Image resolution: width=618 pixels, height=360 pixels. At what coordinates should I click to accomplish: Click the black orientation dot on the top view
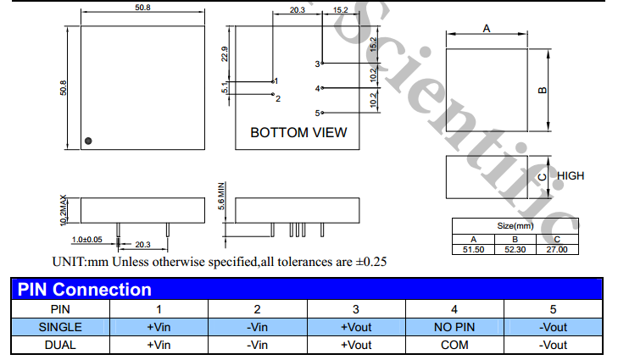point(88,141)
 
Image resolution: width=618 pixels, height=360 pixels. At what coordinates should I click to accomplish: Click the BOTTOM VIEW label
point(298,133)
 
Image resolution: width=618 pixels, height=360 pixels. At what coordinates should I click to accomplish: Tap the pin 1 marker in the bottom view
point(273,81)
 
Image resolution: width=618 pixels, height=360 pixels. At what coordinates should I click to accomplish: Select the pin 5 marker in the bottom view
point(322,113)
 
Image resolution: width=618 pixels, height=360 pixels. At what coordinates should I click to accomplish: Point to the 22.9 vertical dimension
point(225,54)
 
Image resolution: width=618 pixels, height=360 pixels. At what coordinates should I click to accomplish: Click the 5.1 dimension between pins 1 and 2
point(225,88)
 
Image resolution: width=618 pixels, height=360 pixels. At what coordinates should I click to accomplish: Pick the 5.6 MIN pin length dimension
point(221,196)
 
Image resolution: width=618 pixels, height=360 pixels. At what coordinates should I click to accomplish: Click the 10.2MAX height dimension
point(63,210)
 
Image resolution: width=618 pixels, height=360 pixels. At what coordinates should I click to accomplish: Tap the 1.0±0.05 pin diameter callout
point(87,240)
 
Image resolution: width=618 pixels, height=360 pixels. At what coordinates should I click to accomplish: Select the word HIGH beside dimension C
point(571,175)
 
